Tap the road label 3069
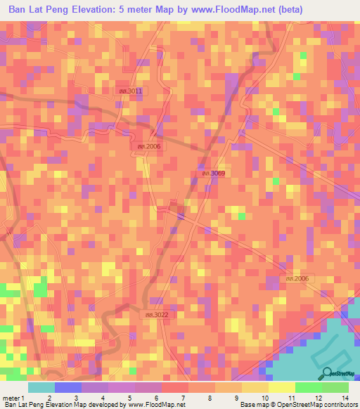[212, 173]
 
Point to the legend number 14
[344, 397]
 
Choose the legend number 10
[263, 397]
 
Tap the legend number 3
[75, 397]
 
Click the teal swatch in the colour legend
[41, 387]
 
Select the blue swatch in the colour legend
[68, 387]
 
